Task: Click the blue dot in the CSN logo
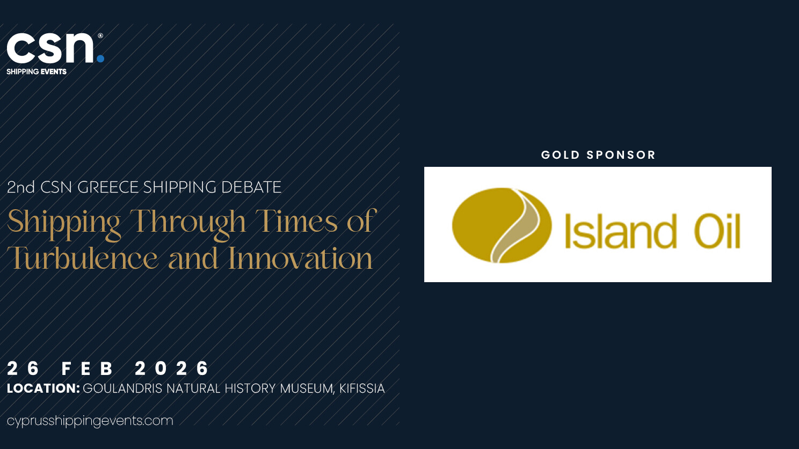(100, 58)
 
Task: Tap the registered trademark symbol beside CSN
(100, 35)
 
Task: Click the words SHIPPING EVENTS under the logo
(37, 72)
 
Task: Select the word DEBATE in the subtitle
(251, 187)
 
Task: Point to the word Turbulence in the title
(82, 257)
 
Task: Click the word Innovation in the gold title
(300, 257)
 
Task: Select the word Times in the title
(296, 222)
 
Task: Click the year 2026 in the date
(172, 368)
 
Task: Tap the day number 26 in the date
(23, 368)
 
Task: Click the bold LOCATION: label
(43, 388)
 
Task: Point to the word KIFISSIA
(362, 388)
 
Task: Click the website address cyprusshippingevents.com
(90, 421)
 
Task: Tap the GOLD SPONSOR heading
(598, 155)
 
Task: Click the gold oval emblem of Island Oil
(502, 225)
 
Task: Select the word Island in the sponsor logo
(621, 231)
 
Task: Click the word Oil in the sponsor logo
(717, 231)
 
